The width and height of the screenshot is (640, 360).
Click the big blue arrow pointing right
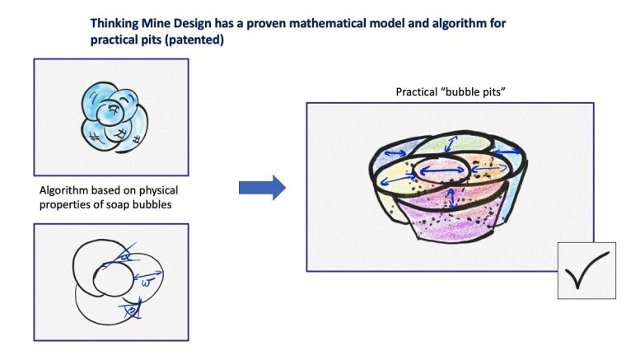(x=261, y=188)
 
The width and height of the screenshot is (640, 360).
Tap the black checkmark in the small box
(x=587, y=270)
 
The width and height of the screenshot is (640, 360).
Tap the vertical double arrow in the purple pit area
(x=451, y=199)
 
